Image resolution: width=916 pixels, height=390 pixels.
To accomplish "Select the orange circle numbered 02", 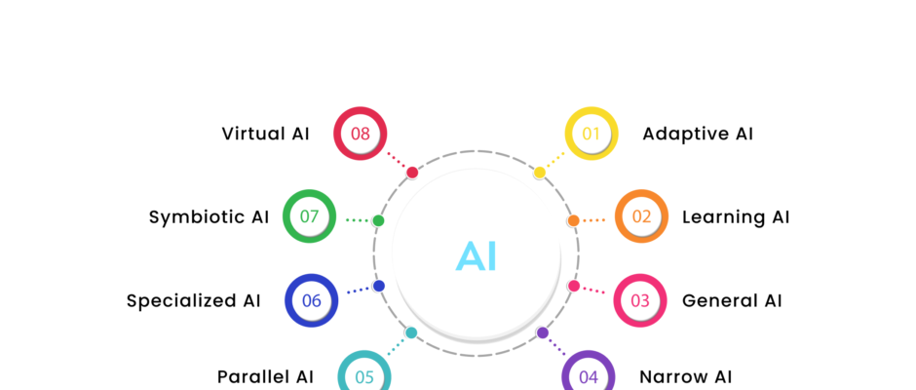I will pos(641,216).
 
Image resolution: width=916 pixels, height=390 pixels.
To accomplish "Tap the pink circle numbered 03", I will pos(640,300).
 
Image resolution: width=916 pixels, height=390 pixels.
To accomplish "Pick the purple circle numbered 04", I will pos(589,376).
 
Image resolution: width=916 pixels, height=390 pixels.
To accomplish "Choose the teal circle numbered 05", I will pos(364,376).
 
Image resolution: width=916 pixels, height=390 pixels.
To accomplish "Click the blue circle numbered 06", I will pos(311,300).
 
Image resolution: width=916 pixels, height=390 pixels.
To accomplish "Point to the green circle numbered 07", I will pos(309,216).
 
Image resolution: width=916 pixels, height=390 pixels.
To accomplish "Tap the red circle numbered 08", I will pos(361,134).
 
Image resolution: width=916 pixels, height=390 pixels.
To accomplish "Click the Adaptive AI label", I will pos(698,134).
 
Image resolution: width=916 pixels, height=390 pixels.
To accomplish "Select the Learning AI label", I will pos(736,216).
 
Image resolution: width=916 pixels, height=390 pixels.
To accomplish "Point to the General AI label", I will pos(732,300).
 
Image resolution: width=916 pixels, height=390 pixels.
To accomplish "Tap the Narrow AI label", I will pos(685,376).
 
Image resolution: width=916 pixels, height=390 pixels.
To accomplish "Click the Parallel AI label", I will pos(265,376).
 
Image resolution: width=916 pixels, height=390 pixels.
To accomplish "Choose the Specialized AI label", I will pos(194,300).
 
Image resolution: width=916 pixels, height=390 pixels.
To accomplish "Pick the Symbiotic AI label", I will pos(209,216).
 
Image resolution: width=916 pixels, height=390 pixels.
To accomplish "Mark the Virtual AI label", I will pos(265,134).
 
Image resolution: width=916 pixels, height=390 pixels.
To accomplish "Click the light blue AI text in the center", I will pos(477,256).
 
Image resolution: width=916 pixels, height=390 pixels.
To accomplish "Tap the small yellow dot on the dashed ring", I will pos(540,173).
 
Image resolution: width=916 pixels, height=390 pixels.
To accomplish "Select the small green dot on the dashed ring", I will pos(378,220).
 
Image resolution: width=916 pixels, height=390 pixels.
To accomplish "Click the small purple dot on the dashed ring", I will pos(543,332).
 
